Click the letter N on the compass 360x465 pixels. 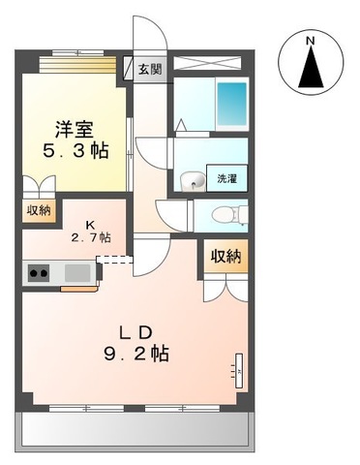coord(310,42)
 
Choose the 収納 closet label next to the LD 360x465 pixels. coord(224,256)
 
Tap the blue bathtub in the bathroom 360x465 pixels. coord(231,101)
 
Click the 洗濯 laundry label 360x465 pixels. coord(226,178)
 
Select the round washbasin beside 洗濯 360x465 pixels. coord(193,180)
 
